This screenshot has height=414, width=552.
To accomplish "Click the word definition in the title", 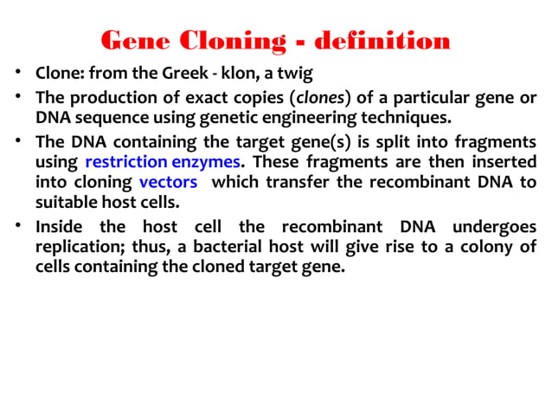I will (382, 40).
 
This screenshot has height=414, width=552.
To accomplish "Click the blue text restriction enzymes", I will (162, 161).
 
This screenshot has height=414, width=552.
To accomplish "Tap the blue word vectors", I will (168, 183).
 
